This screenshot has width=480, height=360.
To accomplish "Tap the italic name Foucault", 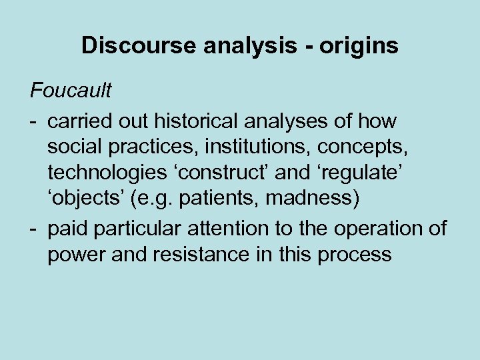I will (x=70, y=89).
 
